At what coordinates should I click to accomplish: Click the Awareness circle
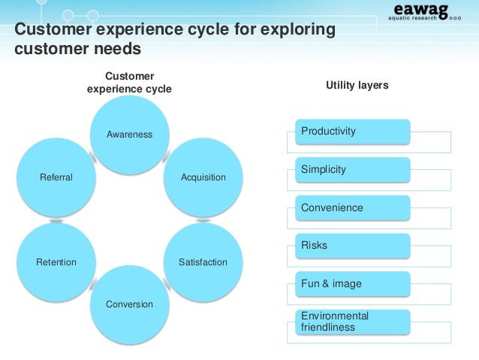tap(129, 135)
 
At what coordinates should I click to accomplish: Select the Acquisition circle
tap(203, 177)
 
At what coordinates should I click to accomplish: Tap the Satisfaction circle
tap(203, 262)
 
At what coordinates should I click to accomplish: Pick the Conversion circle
tap(129, 304)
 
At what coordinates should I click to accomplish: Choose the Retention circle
tap(56, 262)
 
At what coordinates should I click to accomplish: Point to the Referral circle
tap(56, 177)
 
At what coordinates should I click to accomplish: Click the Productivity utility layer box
tap(353, 132)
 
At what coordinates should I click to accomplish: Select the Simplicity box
tap(353, 170)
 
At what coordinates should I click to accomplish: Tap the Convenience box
tap(353, 207)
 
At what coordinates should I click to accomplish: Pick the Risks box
tap(353, 246)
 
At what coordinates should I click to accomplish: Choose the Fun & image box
tap(353, 283)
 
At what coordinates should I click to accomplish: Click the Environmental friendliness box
tap(353, 322)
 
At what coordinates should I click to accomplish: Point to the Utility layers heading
tap(357, 86)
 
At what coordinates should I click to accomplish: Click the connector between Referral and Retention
tap(56, 220)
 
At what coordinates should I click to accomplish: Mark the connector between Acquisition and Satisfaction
tap(203, 220)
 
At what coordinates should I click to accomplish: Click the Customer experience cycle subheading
tap(129, 83)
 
